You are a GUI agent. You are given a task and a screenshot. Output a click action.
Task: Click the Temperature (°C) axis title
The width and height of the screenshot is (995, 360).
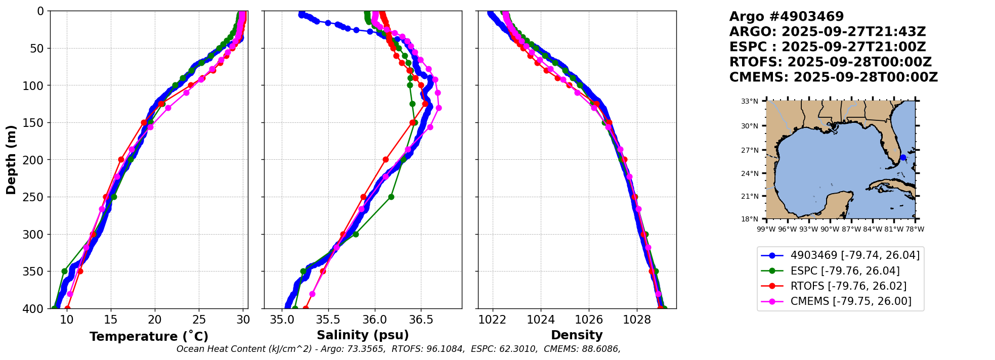(x=149, y=337)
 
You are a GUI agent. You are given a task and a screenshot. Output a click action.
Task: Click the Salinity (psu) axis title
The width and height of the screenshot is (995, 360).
(x=363, y=335)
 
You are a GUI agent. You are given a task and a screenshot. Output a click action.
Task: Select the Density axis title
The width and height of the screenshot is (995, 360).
(x=577, y=335)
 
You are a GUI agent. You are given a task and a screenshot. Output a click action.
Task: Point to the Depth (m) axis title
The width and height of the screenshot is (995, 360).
(x=11, y=160)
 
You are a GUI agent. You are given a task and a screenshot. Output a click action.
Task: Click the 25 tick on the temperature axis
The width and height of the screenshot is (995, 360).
(x=199, y=320)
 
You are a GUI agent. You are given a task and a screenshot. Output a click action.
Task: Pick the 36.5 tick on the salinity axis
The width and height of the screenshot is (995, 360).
(x=421, y=320)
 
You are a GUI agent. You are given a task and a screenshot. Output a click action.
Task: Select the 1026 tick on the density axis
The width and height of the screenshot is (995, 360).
(x=589, y=320)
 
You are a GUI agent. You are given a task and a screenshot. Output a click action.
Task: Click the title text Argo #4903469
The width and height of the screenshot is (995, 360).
(x=786, y=17)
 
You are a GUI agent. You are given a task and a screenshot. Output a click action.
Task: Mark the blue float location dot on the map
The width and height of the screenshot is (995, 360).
(x=903, y=158)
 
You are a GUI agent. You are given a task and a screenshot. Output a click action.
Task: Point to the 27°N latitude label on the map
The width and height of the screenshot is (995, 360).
(x=750, y=150)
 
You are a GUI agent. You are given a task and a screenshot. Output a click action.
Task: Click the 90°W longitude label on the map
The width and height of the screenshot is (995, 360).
(x=830, y=229)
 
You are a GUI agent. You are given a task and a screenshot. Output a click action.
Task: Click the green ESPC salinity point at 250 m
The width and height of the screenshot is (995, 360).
(x=391, y=197)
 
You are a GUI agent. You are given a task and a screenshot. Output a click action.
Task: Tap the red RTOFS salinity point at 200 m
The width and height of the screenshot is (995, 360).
(x=385, y=159)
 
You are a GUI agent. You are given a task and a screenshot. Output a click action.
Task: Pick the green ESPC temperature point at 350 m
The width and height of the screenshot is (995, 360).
(x=64, y=271)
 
